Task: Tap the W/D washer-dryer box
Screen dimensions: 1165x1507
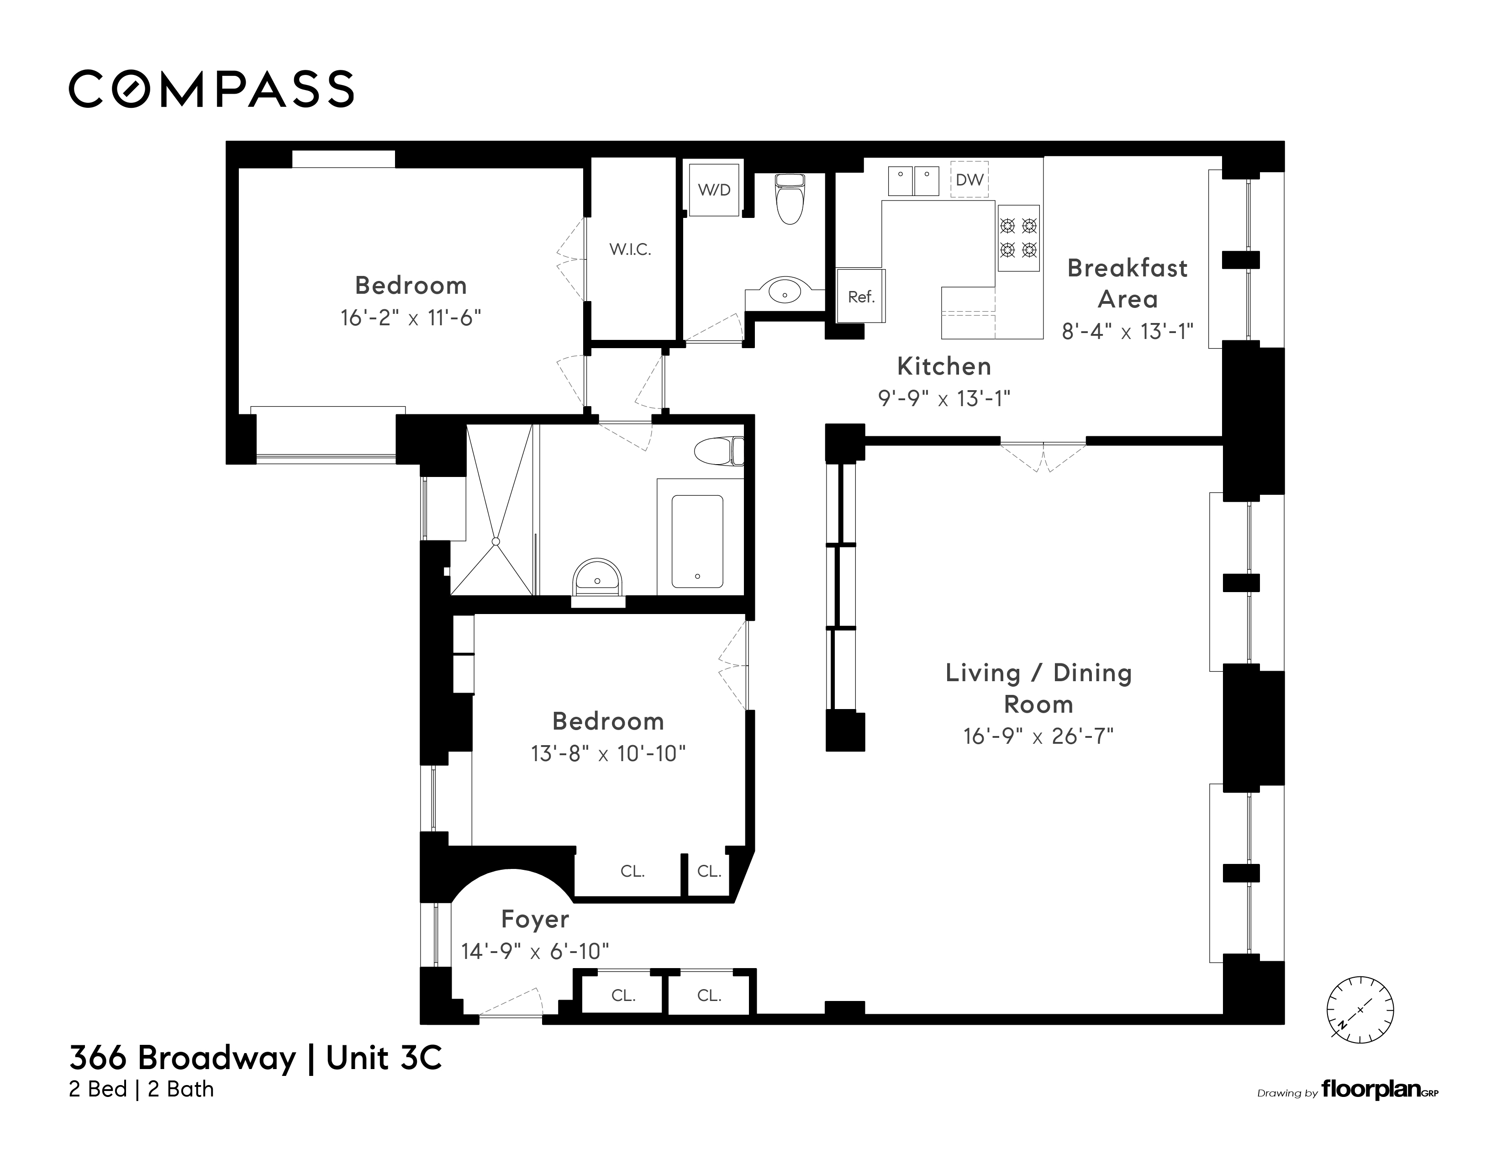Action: [x=714, y=190]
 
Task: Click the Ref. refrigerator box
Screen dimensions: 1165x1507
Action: [x=860, y=296]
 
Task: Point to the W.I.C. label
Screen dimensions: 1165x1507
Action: [x=630, y=249]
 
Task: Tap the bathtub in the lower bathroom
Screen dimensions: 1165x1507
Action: [x=698, y=541]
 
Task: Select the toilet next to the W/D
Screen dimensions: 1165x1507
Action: [x=790, y=199]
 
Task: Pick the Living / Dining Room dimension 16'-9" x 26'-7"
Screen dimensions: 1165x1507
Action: [x=1038, y=736]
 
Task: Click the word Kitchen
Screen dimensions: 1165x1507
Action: [x=944, y=366]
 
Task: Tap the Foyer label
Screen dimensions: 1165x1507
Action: [x=535, y=919]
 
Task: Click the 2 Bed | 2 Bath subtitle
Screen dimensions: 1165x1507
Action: [x=142, y=1089]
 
